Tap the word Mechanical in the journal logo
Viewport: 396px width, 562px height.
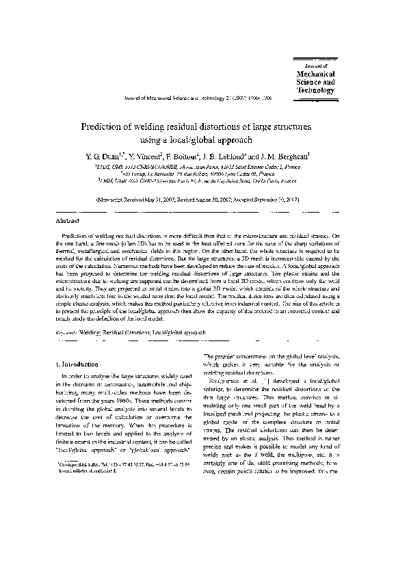315,73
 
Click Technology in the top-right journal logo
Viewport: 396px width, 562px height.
315,90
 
